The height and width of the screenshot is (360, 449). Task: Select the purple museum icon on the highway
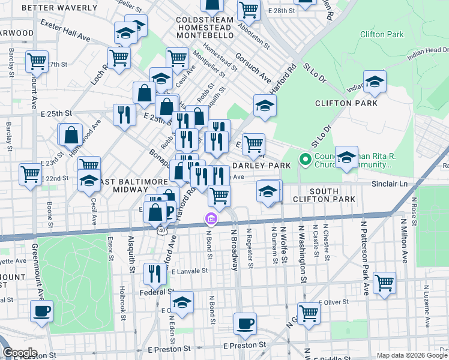[x=211, y=218]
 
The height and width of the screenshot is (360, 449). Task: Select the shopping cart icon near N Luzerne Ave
[x=384, y=282]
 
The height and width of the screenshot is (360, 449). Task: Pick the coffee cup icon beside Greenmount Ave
[x=41, y=311]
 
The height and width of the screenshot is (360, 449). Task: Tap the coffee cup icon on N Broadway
[x=244, y=324]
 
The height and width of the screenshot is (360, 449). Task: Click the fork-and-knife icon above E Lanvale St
[x=155, y=274]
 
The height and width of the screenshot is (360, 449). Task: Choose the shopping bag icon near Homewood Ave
[x=71, y=134]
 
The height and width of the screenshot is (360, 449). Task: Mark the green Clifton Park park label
[x=382, y=34]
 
